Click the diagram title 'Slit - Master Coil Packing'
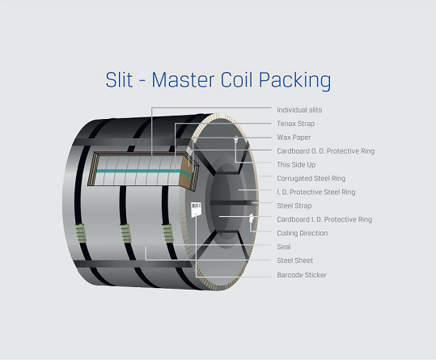[x=218, y=80]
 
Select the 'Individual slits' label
[x=299, y=110]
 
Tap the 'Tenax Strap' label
[x=295, y=124]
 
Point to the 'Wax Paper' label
[x=294, y=138]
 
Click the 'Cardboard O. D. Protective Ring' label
[x=326, y=151]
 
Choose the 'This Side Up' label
[x=296, y=164]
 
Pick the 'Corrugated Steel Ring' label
[x=311, y=178]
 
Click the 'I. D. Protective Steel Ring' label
[x=315, y=192]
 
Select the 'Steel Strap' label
[x=294, y=205]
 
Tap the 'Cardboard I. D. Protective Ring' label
[x=324, y=219]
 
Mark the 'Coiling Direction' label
[x=303, y=233]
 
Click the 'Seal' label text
[x=284, y=247]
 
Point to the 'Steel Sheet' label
[x=294, y=260]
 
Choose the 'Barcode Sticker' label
[x=302, y=275]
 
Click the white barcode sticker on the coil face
[x=196, y=210]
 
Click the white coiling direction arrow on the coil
[x=252, y=218]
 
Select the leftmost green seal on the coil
[x=80, y=233]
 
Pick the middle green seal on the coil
[x=125, y=234]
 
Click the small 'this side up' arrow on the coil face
[x=236, y=138]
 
